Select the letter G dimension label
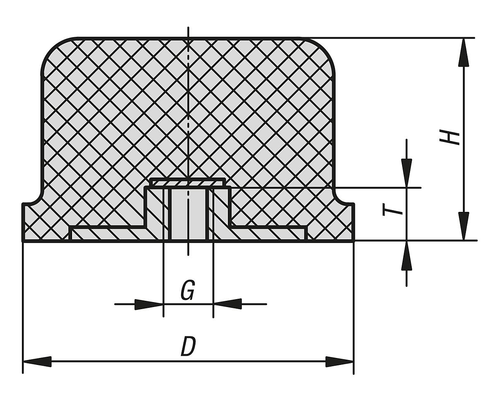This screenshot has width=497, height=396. click(188, 290)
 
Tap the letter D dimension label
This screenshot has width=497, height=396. click(188, 347)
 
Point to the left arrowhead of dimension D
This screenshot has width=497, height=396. click(37, 361)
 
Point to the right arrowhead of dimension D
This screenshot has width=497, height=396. click(339, 361)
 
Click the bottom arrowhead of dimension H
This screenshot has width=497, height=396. click(464, 226)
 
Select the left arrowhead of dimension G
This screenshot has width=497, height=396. click(149, 304)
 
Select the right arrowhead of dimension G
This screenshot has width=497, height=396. click(227, 304)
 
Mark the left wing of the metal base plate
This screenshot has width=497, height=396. click(108, 233)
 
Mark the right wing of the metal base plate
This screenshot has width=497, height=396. click(269, 233)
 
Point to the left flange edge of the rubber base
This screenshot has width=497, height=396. click(24, 222)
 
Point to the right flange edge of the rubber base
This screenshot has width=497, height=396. click(353, 222)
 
